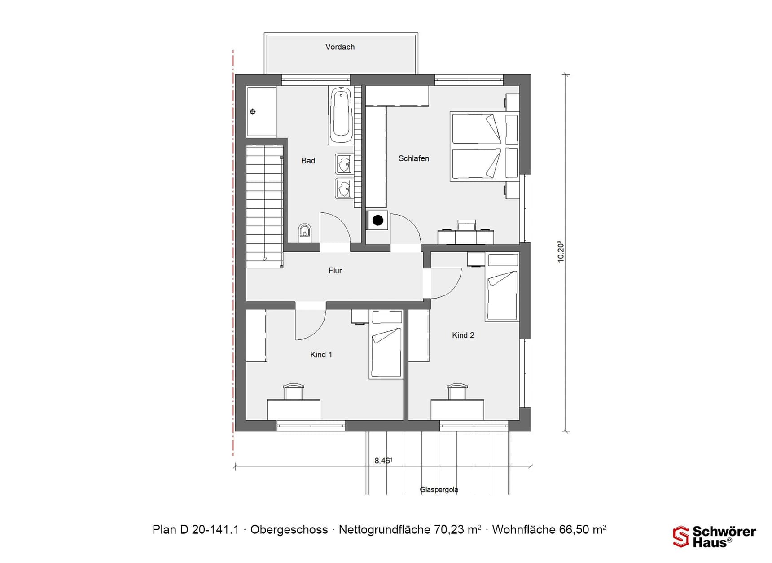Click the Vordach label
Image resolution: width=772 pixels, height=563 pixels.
coord(340,47)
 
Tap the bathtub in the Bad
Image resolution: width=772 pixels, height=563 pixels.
coord(341,114)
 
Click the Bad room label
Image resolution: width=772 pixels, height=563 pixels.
coord(308,161)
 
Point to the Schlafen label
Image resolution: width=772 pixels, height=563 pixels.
coord(413,158)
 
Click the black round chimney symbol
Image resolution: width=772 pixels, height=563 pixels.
coord(378,220)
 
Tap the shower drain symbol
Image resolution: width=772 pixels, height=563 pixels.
coord(253,111)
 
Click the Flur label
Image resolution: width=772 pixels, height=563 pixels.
coord(335,270)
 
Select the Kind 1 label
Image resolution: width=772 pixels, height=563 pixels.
coord(321,355)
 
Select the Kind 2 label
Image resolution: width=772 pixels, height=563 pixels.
coord(463,335)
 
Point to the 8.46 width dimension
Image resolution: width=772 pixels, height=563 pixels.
coord(383,461)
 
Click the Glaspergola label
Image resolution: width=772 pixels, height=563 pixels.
coord(439,489)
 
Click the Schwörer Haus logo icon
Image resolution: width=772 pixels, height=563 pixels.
coord(680,537)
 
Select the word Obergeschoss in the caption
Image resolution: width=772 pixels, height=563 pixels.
coord(289,530)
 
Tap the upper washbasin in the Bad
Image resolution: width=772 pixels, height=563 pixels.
coord(343,164)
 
